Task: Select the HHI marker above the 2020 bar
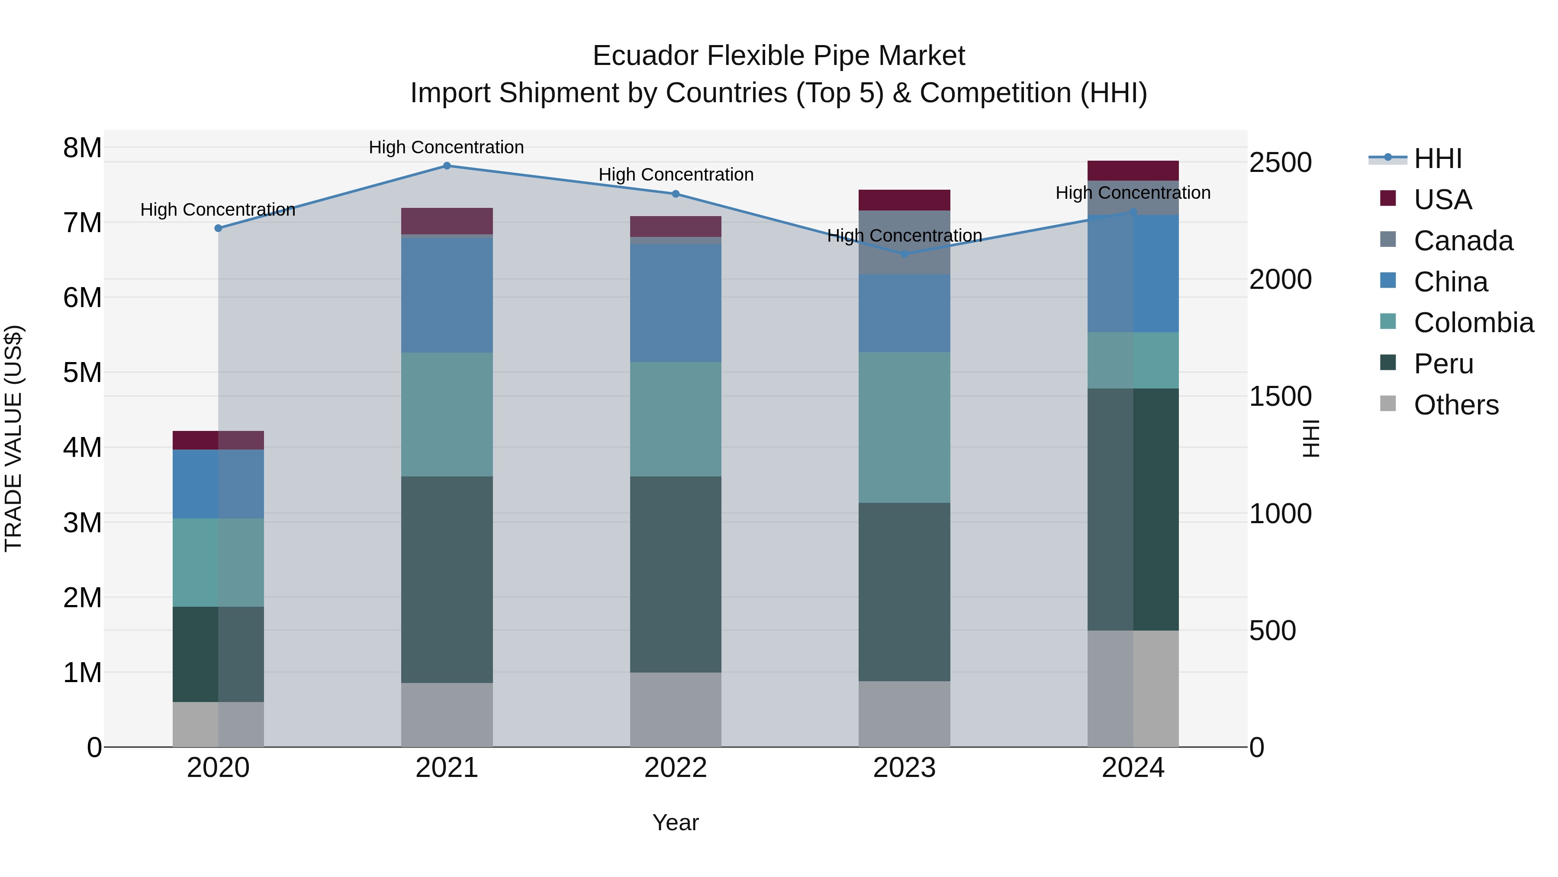[219, 228]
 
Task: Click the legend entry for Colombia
[1473, 323]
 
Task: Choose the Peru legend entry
[1443, 364]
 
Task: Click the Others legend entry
[1456, 405]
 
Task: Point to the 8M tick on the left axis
[82, 148]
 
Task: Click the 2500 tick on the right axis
[1280, 162]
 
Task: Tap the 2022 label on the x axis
[676, 768]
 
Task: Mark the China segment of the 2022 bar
[676, 303]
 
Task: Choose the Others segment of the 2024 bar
[1133, 688]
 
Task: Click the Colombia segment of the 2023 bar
[904, 427]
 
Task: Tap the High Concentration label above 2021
[446, 147]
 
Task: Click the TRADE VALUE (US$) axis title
[13, 438]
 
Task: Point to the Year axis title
[676, 822]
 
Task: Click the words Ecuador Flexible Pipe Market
[779, 56]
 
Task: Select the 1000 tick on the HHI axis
[1280, 514]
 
